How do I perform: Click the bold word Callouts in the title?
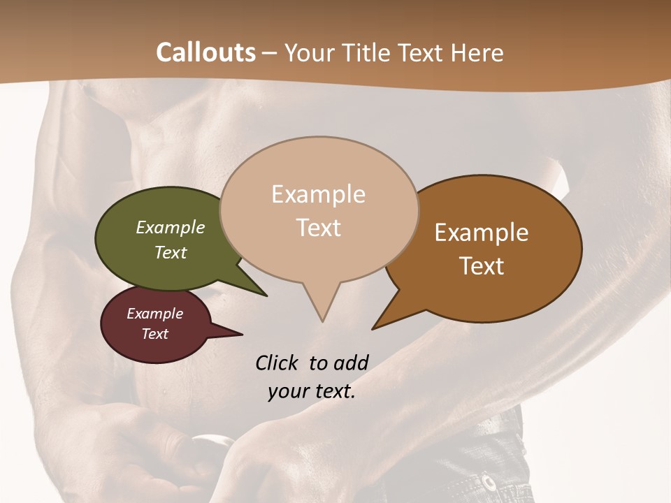click(205, 52)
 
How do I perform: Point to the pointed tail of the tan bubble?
click(321, 311)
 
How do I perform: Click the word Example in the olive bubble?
click(170, 227)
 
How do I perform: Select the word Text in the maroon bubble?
click(154, 334)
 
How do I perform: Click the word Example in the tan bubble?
click(318, 194)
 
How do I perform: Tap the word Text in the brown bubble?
click(482, 266)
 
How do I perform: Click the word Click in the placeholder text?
click(277, 363)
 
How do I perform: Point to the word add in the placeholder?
click(350, 363)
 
